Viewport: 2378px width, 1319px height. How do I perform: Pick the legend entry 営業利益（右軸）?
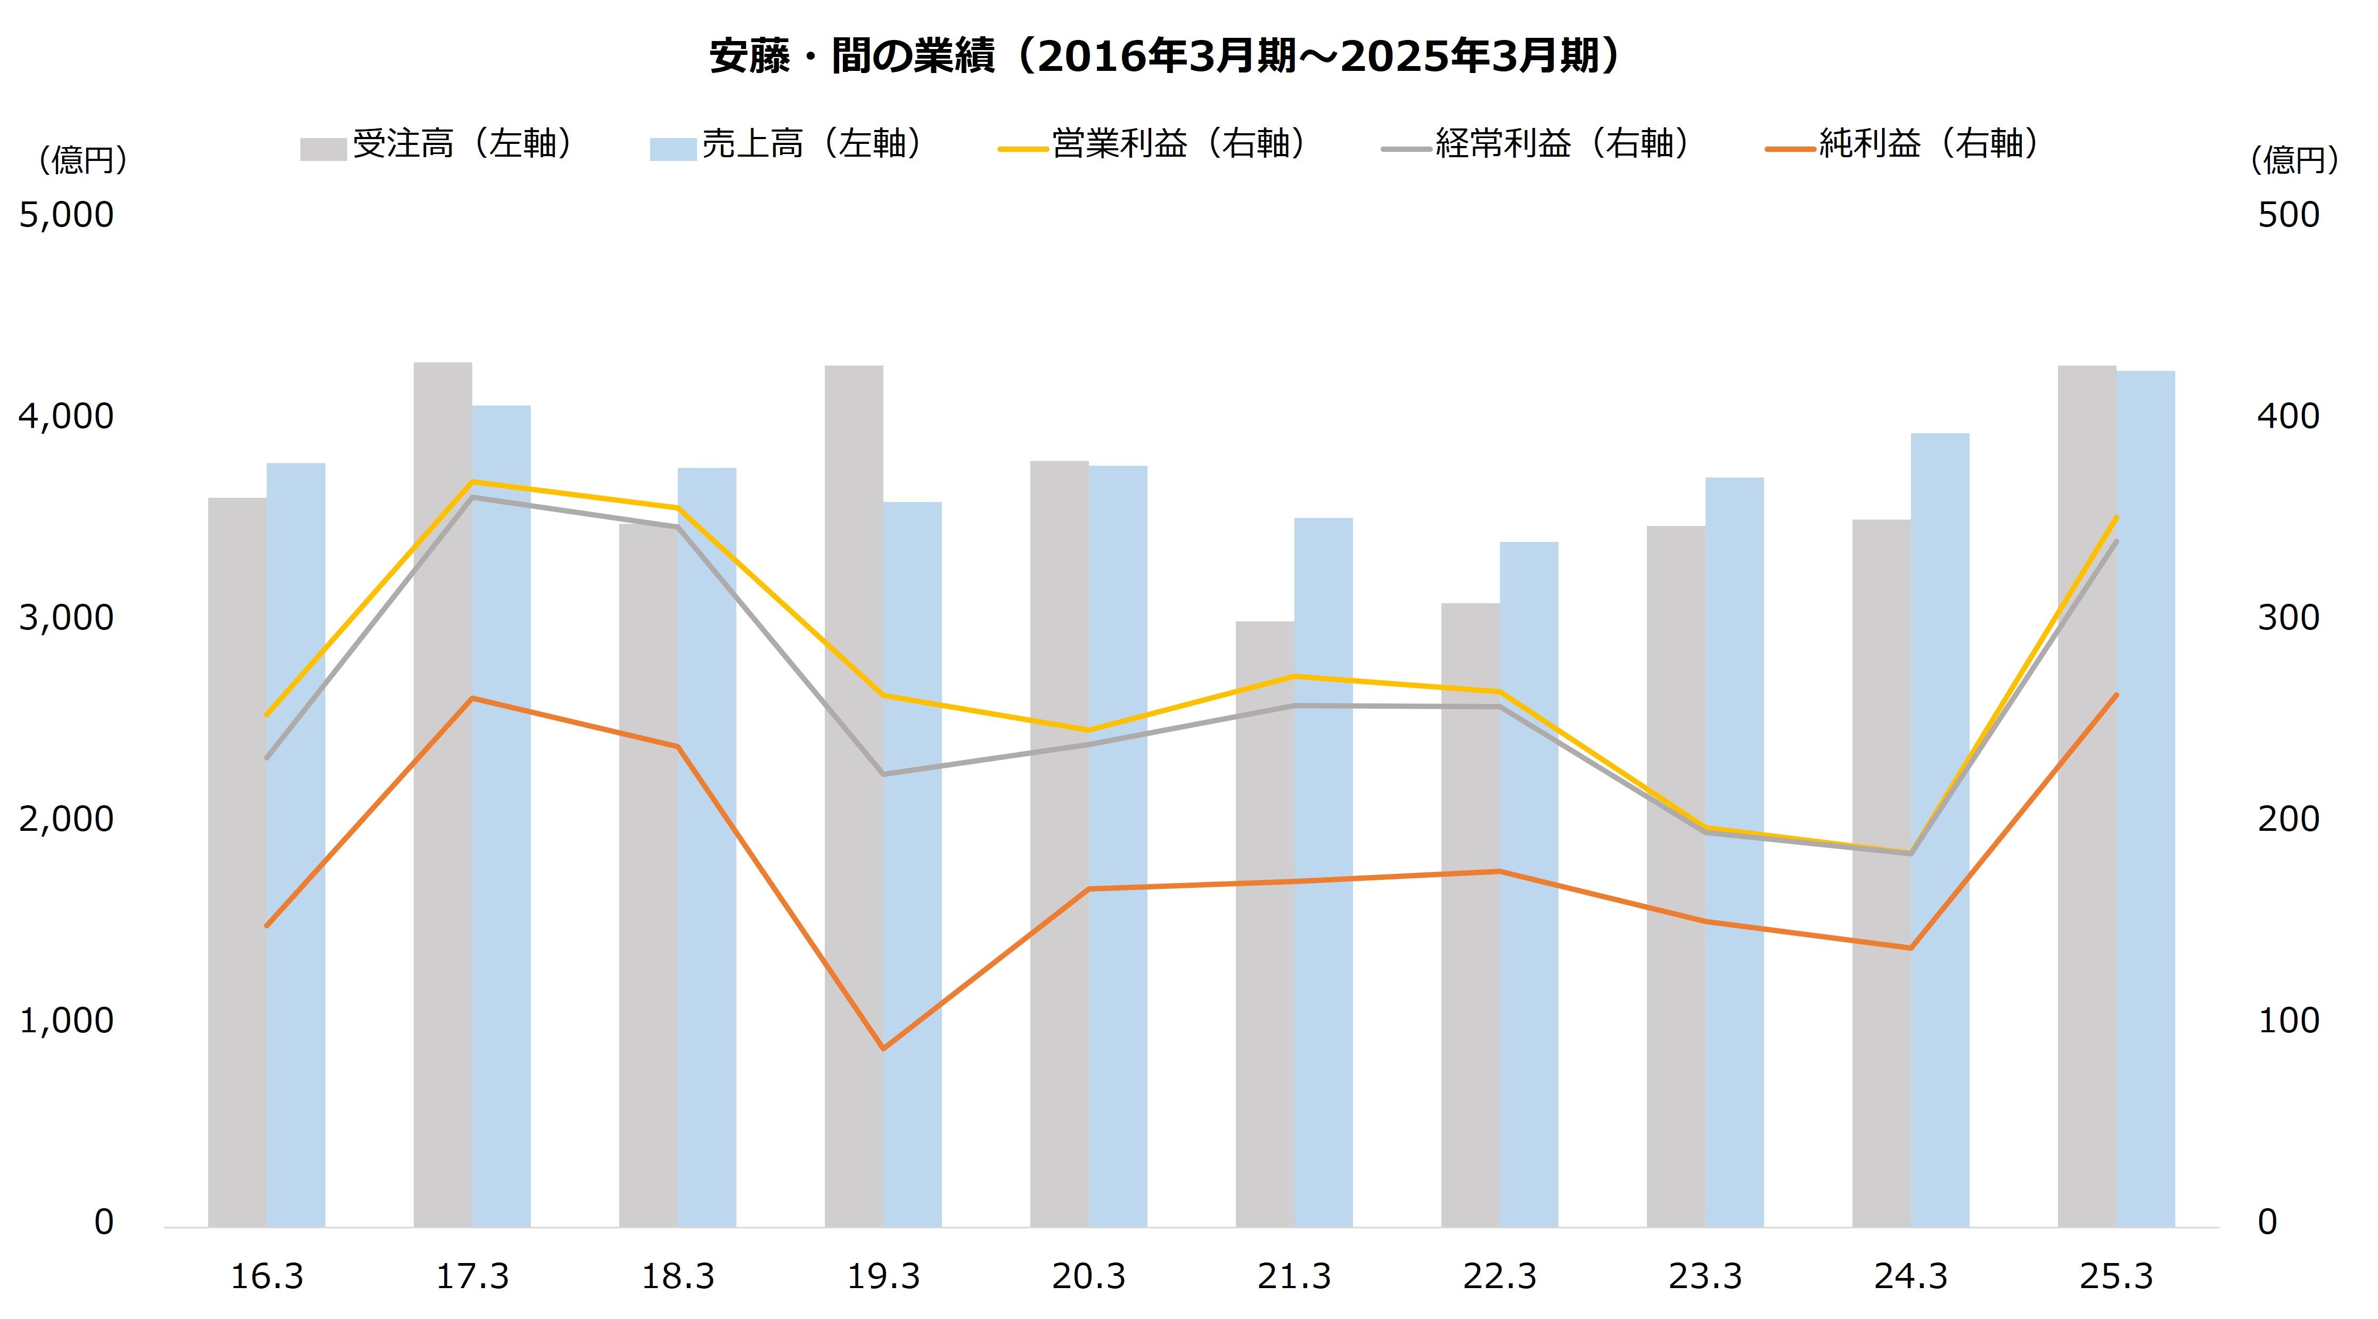coord(1154,145)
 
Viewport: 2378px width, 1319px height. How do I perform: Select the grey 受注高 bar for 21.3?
coord(1265,924)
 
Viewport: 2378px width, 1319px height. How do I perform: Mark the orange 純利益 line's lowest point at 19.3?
coord(883,1048)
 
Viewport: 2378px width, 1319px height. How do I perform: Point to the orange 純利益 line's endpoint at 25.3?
coord(2116,694)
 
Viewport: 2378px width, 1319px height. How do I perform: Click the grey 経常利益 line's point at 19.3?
coord(883,774)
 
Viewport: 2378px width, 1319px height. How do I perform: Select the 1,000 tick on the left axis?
coord(67,1021)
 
